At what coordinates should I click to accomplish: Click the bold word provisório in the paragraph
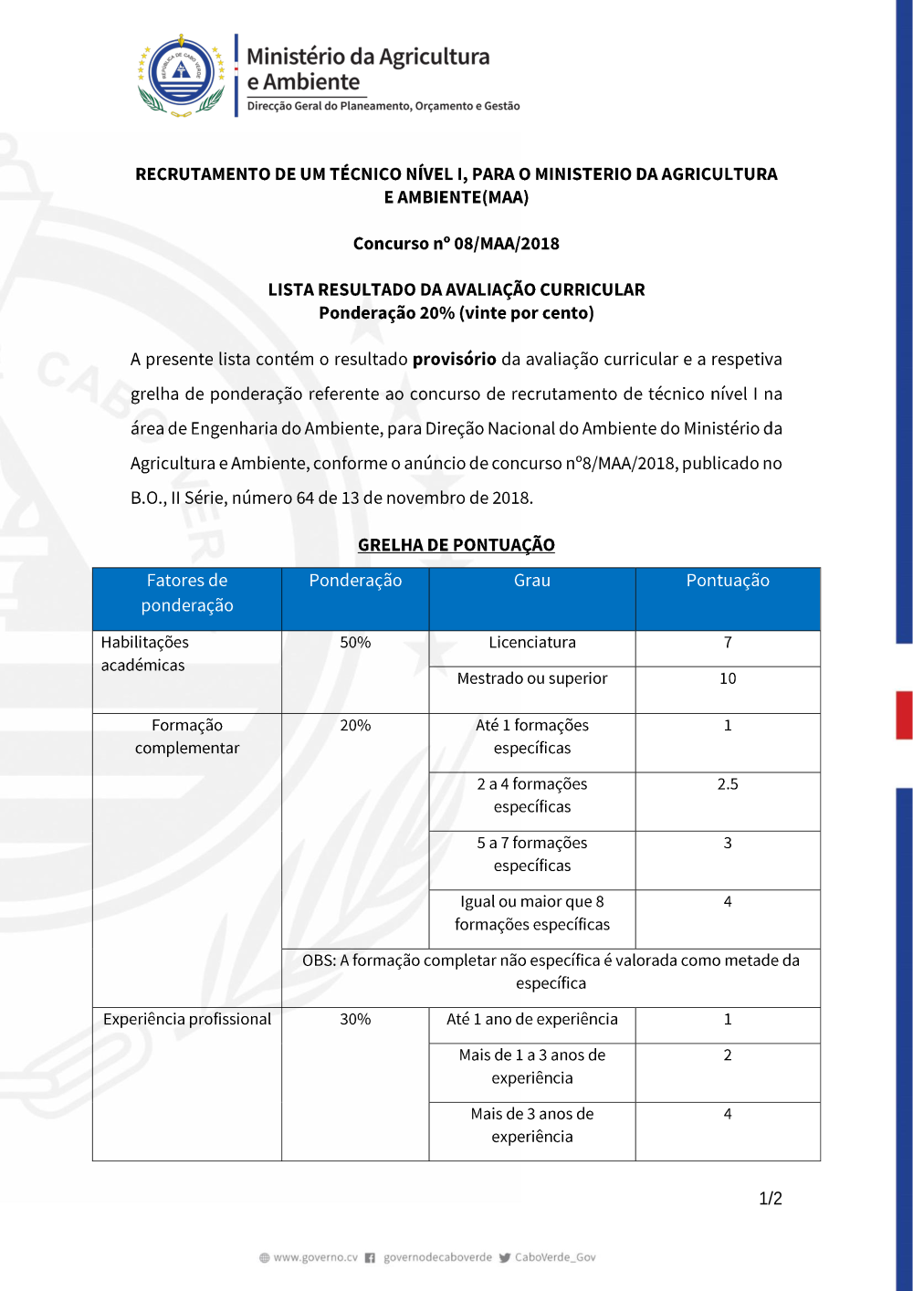coord(454,359)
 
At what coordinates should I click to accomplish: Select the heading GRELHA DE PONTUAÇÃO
coord(456,545)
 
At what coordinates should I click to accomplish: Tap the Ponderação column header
coord(355,581)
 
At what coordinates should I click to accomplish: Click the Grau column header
coord(532,581)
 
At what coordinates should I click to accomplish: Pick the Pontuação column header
coord(728,581)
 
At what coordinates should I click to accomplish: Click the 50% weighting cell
coord(355,643)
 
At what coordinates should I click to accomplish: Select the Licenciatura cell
coord(532,643)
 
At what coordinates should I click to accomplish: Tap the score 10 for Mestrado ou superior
coord(728,678)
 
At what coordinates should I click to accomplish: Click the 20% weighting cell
coord(355,726)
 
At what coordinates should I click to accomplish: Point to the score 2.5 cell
coord(728,784)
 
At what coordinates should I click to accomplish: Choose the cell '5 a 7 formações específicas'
coord(532,855)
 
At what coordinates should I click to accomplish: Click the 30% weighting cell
coord(355,1020)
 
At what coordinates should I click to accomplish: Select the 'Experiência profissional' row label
coord(187,1020)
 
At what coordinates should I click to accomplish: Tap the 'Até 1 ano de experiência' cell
coord(532,1020)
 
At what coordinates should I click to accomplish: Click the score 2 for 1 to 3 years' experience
coord(728,1055)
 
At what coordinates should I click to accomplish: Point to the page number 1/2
coord(771,1199)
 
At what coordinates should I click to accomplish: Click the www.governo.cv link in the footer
coord(315,1257)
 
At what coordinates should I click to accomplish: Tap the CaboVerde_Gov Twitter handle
coord(554,1257)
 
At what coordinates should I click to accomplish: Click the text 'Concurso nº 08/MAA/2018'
coord(456,244)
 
